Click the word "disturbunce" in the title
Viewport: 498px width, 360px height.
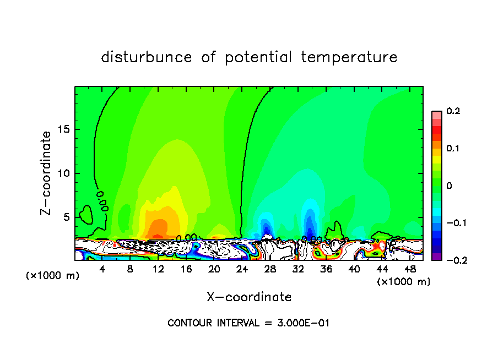pyautogui.click(x=147, y=57)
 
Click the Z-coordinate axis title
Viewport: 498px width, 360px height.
pyautogui.click(x=47, y=173)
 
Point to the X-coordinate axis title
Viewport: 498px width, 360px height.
pyautogui.click(x=249, y=297)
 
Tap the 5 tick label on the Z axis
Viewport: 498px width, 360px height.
pyautogui.click(x=66, y=217)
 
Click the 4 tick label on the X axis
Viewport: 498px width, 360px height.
pyautogui.click(x=102, y=269)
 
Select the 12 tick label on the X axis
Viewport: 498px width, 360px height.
pyautogui.click(x=158, y=269)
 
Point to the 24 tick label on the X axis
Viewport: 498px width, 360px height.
pyautogui.click(x=242, y=269)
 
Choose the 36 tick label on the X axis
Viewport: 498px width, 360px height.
pyautogui.click(x=326, y=269)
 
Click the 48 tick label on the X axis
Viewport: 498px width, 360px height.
pyautogui.click(x=409, y=269)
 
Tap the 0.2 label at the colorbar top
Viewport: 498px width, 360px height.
pyautogui.click(x=453, y=111)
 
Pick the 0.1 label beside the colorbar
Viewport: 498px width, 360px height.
pyautogui.click(x=453, y=149)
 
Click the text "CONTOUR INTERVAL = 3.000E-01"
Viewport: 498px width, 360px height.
pyautogui.click(x=248, y=323)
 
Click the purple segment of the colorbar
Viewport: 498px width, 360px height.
pyautogui.click(x=437, y=257)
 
